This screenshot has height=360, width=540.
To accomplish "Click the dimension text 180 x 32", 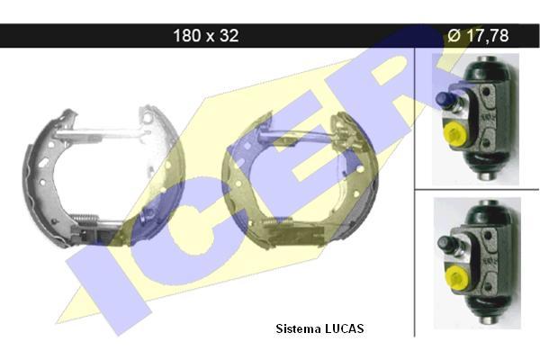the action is pyautogui.click(x=205, y=35).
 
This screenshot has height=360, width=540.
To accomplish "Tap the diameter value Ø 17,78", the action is pyautogui.click(x=478, y=35).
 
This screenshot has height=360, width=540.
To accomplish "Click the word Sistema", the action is pyautogui.click(x=298, y=328).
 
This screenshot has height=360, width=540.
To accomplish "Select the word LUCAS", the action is pyautogui.click(x=344, y=328).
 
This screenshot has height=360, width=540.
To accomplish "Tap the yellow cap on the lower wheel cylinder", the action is pyautogui.click(x=456, y=278).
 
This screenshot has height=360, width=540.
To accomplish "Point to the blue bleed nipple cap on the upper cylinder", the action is pyautogui.click(x=444, y=99).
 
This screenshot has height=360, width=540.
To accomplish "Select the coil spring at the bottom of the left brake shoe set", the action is pyautogui.click(x=85, y=219).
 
